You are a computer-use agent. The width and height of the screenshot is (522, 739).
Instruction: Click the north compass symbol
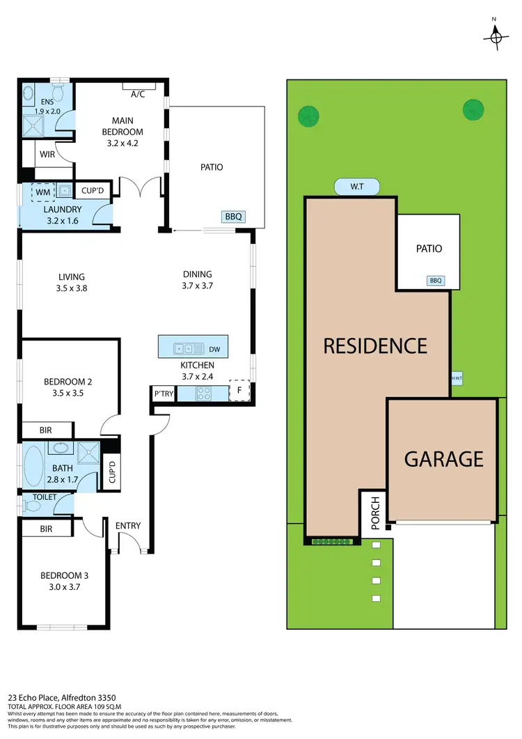[x=496, y=34]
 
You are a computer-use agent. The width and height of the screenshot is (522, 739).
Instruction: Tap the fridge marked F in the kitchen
[x=239, y=391]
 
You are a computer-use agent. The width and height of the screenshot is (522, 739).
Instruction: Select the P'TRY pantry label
[x=163, y=394]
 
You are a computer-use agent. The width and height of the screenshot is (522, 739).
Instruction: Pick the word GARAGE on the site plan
[x=443, y=459]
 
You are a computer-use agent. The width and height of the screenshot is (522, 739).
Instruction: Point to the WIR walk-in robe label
[x=47, y=154]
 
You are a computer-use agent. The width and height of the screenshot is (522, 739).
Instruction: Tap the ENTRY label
[x=128, y=526]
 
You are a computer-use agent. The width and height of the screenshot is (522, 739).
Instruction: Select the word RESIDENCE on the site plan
[x=375, y=345]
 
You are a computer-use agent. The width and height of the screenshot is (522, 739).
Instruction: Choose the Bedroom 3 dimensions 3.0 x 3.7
[x=63, y=588]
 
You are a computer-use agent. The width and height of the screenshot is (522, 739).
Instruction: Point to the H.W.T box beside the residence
[x=457, y=379]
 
